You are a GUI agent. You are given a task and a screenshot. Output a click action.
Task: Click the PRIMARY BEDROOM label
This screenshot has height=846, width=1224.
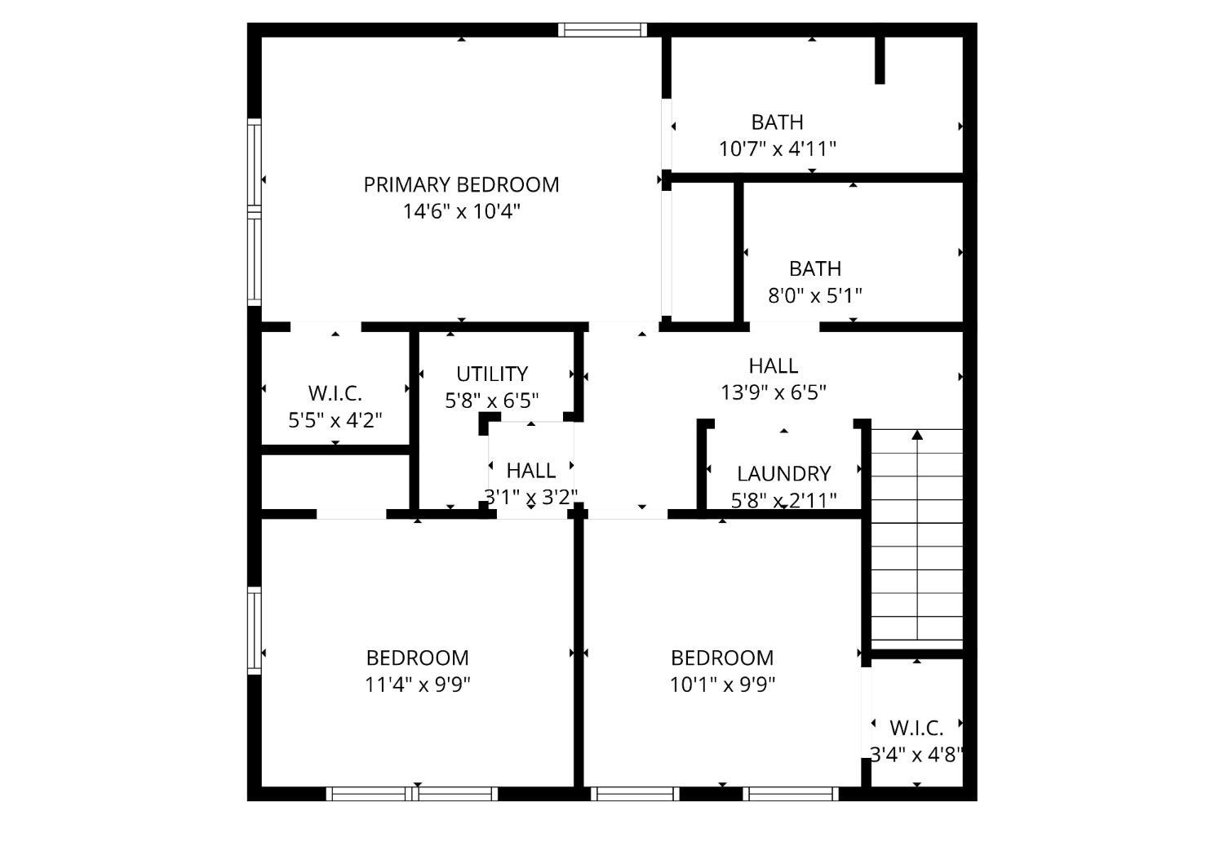(x=461, y=184)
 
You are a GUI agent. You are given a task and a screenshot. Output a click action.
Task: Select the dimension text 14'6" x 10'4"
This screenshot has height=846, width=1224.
(x=461, y=211)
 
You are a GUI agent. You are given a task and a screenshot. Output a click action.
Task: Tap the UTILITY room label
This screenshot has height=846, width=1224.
(x=492, y=374)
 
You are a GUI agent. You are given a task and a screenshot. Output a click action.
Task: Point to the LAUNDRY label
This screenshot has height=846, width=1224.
(x=783, y=473)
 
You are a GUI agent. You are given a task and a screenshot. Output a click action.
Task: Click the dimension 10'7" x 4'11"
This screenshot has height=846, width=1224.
(x=777, y=148)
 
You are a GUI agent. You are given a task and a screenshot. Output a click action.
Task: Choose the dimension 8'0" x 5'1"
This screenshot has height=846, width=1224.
(x=814, y=295)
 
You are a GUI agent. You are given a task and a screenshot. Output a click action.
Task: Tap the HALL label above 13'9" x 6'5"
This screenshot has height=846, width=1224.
(x=774, y=365)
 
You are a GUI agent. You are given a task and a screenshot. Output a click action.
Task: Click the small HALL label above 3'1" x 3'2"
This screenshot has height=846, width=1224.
(x=530, y=470)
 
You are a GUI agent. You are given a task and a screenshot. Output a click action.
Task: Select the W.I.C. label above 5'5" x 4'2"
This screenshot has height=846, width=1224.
(x=335, y=393)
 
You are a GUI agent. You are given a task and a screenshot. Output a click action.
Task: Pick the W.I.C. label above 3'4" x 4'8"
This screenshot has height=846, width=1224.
(x=916, y=728)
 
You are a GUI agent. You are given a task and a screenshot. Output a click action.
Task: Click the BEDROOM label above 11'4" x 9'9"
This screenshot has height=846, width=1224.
(x=418, y=658)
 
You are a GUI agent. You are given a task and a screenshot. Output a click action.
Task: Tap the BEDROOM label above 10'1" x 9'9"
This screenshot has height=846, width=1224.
(x=722, y=658)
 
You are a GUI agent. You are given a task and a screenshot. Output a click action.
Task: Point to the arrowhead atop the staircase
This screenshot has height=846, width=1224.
(x=917, y=435)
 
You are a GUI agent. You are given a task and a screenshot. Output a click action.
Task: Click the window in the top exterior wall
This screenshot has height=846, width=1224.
(x=602, y=29)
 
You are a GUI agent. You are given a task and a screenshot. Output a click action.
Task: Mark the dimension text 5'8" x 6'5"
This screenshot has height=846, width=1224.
(x=492, y=401)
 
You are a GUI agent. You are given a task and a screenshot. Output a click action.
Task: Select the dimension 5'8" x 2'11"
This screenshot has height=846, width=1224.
(x=783, y=500)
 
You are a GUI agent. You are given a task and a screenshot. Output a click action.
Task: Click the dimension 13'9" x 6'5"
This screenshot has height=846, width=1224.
(x=774, y=392)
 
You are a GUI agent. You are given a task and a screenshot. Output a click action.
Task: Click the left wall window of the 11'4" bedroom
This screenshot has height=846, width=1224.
(x=255, y=631)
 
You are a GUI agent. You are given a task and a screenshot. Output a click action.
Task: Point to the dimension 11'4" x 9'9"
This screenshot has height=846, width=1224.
(x=418, y=684)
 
